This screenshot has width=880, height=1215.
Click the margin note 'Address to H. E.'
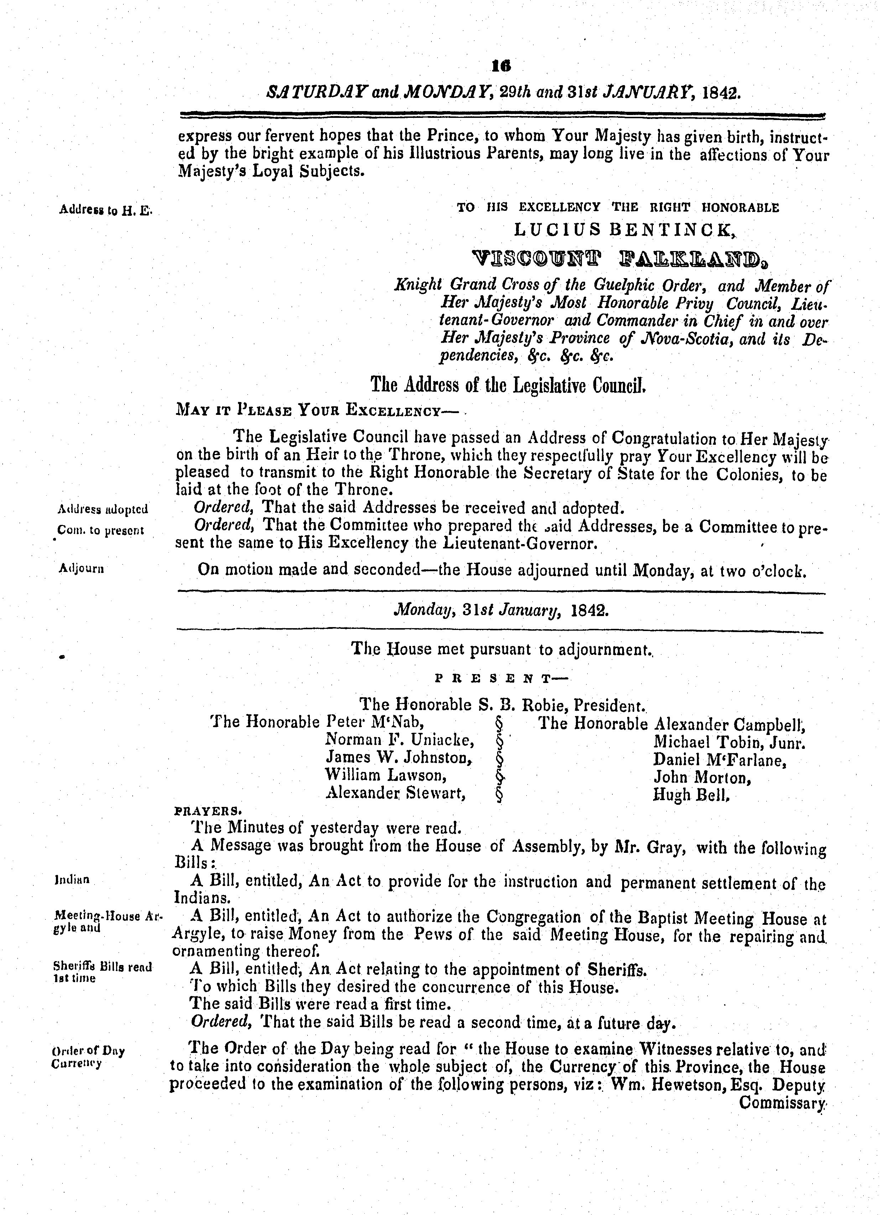click(x=105, y=210)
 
